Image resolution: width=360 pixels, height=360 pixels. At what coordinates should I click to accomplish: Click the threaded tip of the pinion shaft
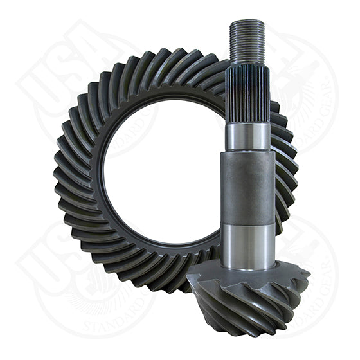(x=246, y=42)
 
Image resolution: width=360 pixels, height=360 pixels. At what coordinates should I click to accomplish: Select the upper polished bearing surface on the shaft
(x=248, y=136)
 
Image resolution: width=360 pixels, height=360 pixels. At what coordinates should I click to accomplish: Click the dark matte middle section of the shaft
(x=248, y=186)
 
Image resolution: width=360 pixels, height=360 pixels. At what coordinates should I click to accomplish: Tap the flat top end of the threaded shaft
(x=246, y=22)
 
